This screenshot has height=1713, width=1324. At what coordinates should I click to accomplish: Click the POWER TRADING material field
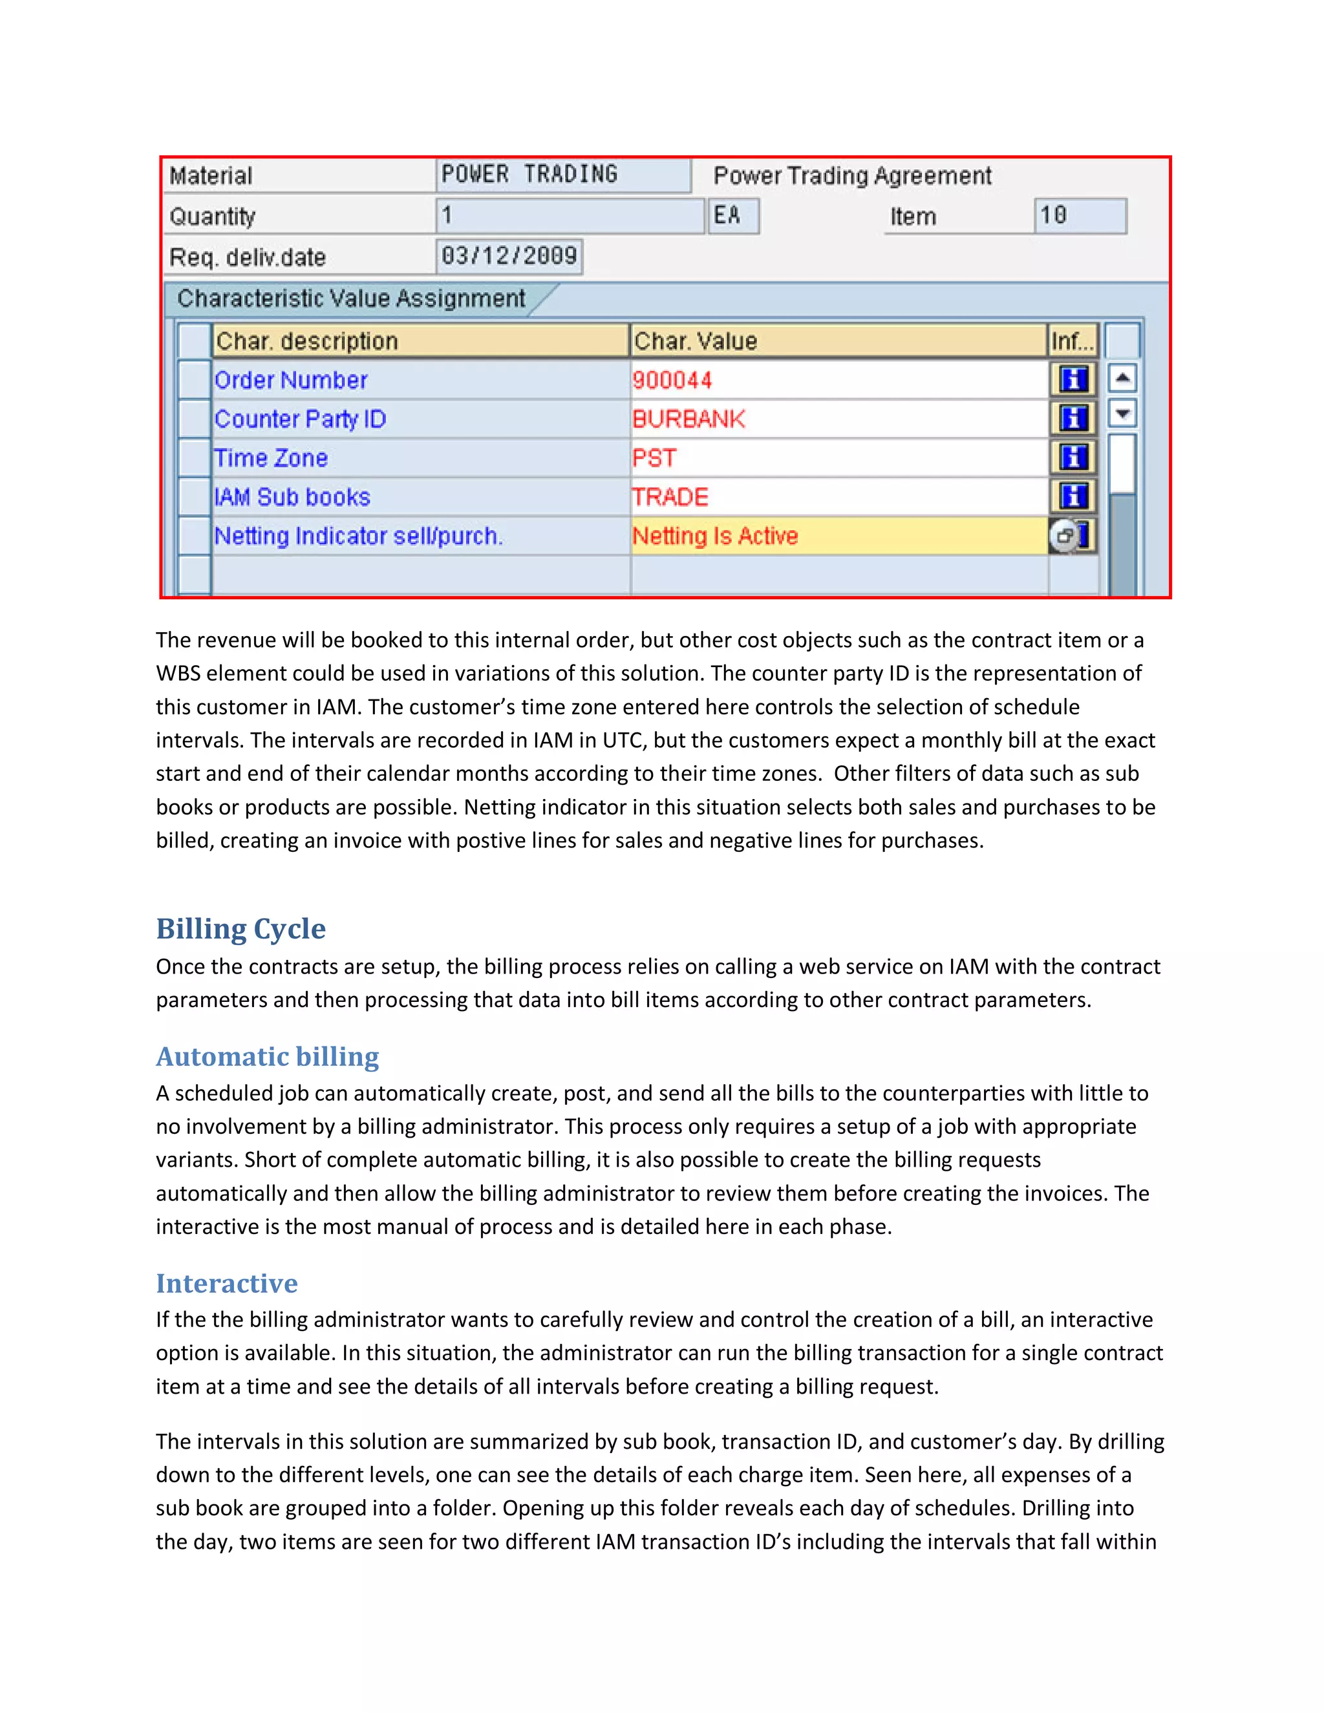pos(562,175)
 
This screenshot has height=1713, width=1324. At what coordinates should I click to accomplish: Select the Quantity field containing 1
pos(570,216)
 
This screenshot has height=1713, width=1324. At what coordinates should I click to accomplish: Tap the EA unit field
pos(733,216)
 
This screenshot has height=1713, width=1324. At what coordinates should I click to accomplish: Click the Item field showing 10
pos(1079,216)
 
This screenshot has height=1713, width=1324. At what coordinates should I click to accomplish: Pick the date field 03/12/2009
pos(509,257)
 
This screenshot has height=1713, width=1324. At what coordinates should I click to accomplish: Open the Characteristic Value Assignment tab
pos(352,299)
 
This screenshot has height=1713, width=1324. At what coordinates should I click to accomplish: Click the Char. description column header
pos(420,341)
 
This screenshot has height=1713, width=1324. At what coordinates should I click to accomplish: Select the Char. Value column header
pos(838,341)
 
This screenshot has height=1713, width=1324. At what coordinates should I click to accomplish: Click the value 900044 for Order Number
pos(838,380)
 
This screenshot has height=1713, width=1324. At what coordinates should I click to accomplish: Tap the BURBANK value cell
pos(838,419)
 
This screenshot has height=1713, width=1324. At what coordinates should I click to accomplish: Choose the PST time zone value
pos(838,458)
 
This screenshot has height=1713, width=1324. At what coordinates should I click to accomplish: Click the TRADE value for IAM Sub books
pos(838,497)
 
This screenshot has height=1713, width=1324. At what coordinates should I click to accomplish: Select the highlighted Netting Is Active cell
pos(838,536)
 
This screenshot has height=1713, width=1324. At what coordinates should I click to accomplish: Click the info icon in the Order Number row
pos(1073,379)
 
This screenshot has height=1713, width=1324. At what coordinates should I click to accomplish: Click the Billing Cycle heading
pos(240,929)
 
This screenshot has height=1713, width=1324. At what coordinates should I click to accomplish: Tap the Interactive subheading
pos(227,1283)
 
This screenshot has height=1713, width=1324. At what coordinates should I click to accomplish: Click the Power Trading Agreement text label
pos(852,176)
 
